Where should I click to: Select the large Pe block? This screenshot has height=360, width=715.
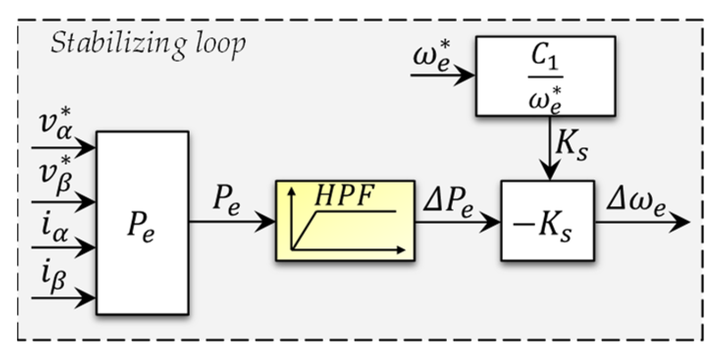coord(142,223)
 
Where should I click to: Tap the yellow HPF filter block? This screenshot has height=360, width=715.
coord(345,221)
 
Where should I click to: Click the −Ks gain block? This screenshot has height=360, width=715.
coord(548,221)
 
